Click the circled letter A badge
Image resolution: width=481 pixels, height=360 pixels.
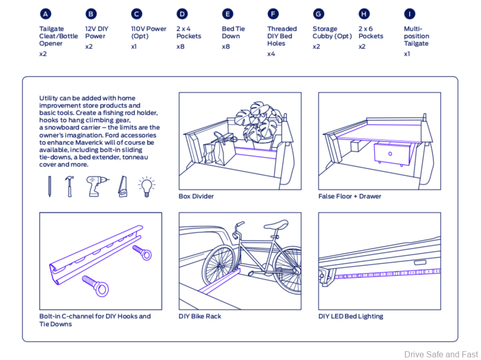[x=45, y=14]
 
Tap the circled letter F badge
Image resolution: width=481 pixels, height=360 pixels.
[x=273, y=14]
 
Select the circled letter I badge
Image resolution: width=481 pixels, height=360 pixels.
[x=410, y=14]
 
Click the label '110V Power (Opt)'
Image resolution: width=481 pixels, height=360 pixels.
[x=149, y=32]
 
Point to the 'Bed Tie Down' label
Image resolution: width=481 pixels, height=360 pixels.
[x=233, y=32]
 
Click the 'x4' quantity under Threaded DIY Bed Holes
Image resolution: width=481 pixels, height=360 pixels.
[x=271, y=54]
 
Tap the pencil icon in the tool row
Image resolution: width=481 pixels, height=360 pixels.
[x=50, y=186]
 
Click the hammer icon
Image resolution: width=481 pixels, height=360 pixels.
[x=69, y=186]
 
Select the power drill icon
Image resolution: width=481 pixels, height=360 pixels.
[x=97, y=186]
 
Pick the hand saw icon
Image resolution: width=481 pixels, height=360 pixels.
[x=123, y=186]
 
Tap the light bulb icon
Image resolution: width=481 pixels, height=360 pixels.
[x=147, y=186]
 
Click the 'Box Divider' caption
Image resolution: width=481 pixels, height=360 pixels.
[x=196, y=197]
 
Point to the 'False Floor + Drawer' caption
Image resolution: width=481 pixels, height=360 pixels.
[x=350, y=197]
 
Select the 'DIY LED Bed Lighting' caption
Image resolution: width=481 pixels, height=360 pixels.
[x=351, y=317]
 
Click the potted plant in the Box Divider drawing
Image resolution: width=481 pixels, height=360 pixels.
[x=258, y=123]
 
